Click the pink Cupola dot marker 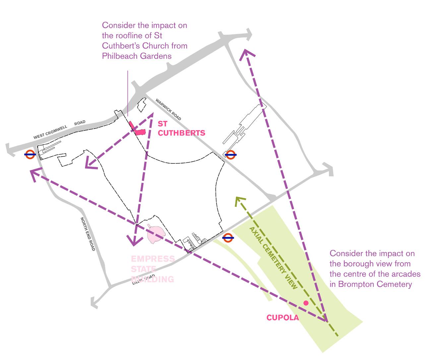point(306,303)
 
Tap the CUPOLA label point(283,318)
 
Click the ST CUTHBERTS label point(181,129)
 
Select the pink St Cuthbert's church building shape point(139,131)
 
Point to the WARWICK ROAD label point(168,109)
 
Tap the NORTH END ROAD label point(88,234)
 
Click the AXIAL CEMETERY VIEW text point(273,254)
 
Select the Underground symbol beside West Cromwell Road point(30,154)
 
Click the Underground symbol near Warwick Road point(231,154)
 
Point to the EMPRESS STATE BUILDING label point(153,269)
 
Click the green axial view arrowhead point(238,200)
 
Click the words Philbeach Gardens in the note point(137,56)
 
